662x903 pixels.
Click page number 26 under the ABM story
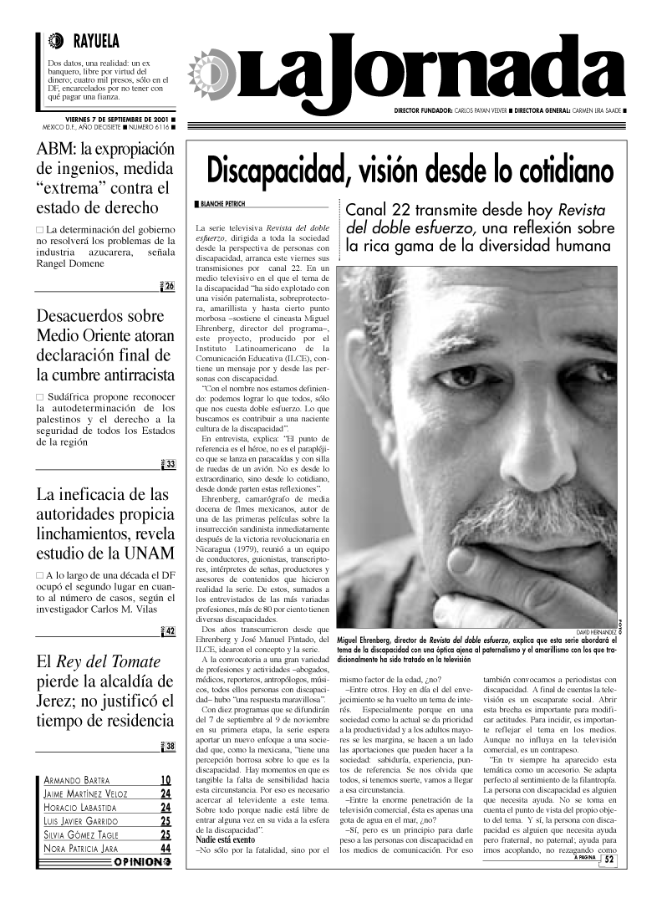pyautogui.click(x=169, y=287)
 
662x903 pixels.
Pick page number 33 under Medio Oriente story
pyautogui.click(x=170, y=465)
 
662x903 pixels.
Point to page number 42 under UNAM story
pyautogui.click(x=170, y=631)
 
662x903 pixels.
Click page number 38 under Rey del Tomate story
pyautogui.click(x=170, y=747)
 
